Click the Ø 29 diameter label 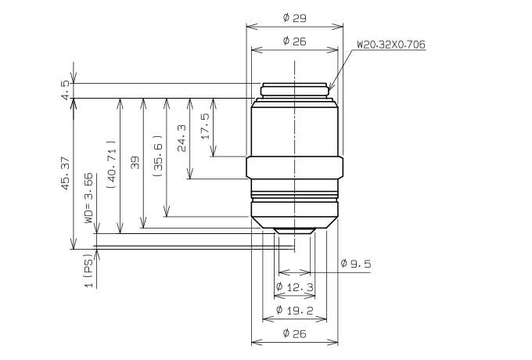[294, 18]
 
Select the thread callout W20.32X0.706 [391, 45]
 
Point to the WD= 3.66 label [88, 198]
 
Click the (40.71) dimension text [112, 164]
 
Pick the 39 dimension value [135, 163]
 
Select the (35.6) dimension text [158, 156]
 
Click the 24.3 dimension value [182, 138]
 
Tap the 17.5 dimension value [205, 126]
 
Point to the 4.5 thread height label [66, 89]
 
